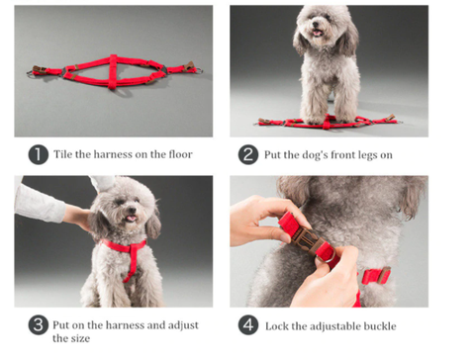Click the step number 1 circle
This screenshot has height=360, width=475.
[39, 154]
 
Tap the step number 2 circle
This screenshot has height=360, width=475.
[248, 154]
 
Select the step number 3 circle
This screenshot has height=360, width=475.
[39, 324]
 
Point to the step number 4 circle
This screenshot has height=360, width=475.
[248, 324]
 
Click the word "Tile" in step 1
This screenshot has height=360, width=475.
[62, 154]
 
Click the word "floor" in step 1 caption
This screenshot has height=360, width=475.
[180, 154]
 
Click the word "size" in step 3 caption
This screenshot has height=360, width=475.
[80, 338]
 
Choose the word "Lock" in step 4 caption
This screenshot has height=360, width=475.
[277, 326]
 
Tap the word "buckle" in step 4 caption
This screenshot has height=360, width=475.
[380, 326]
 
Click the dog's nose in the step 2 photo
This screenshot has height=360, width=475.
[316, 25]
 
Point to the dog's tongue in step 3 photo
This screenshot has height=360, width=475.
[132, 219]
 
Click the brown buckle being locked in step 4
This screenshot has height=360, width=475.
[307, 241]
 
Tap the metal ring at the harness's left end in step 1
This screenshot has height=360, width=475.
[31, 74]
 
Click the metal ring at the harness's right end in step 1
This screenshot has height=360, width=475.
[199, 70]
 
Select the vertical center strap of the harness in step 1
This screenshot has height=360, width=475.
[113, 71]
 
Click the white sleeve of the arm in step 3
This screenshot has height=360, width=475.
[39, 204]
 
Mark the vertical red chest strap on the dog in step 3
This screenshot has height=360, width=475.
[133, 263]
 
